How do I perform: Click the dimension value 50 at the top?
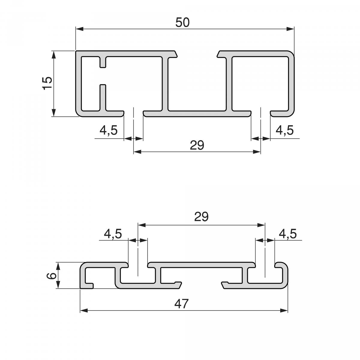(182, 22)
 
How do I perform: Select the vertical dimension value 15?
(47, 83)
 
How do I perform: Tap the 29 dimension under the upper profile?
(197, 145)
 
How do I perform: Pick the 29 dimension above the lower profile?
(201, 217)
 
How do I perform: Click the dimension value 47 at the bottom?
(181, 304)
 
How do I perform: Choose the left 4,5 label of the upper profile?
(108, 130)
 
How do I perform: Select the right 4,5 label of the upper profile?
(284, 130)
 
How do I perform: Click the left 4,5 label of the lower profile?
(113, 233)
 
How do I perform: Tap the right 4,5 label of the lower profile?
(287, 233)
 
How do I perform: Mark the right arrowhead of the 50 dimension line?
(290, 29)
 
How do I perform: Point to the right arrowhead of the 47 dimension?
(284, 310)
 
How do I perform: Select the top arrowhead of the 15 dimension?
(54, 55)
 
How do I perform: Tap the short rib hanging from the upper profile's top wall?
(103, 61)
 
